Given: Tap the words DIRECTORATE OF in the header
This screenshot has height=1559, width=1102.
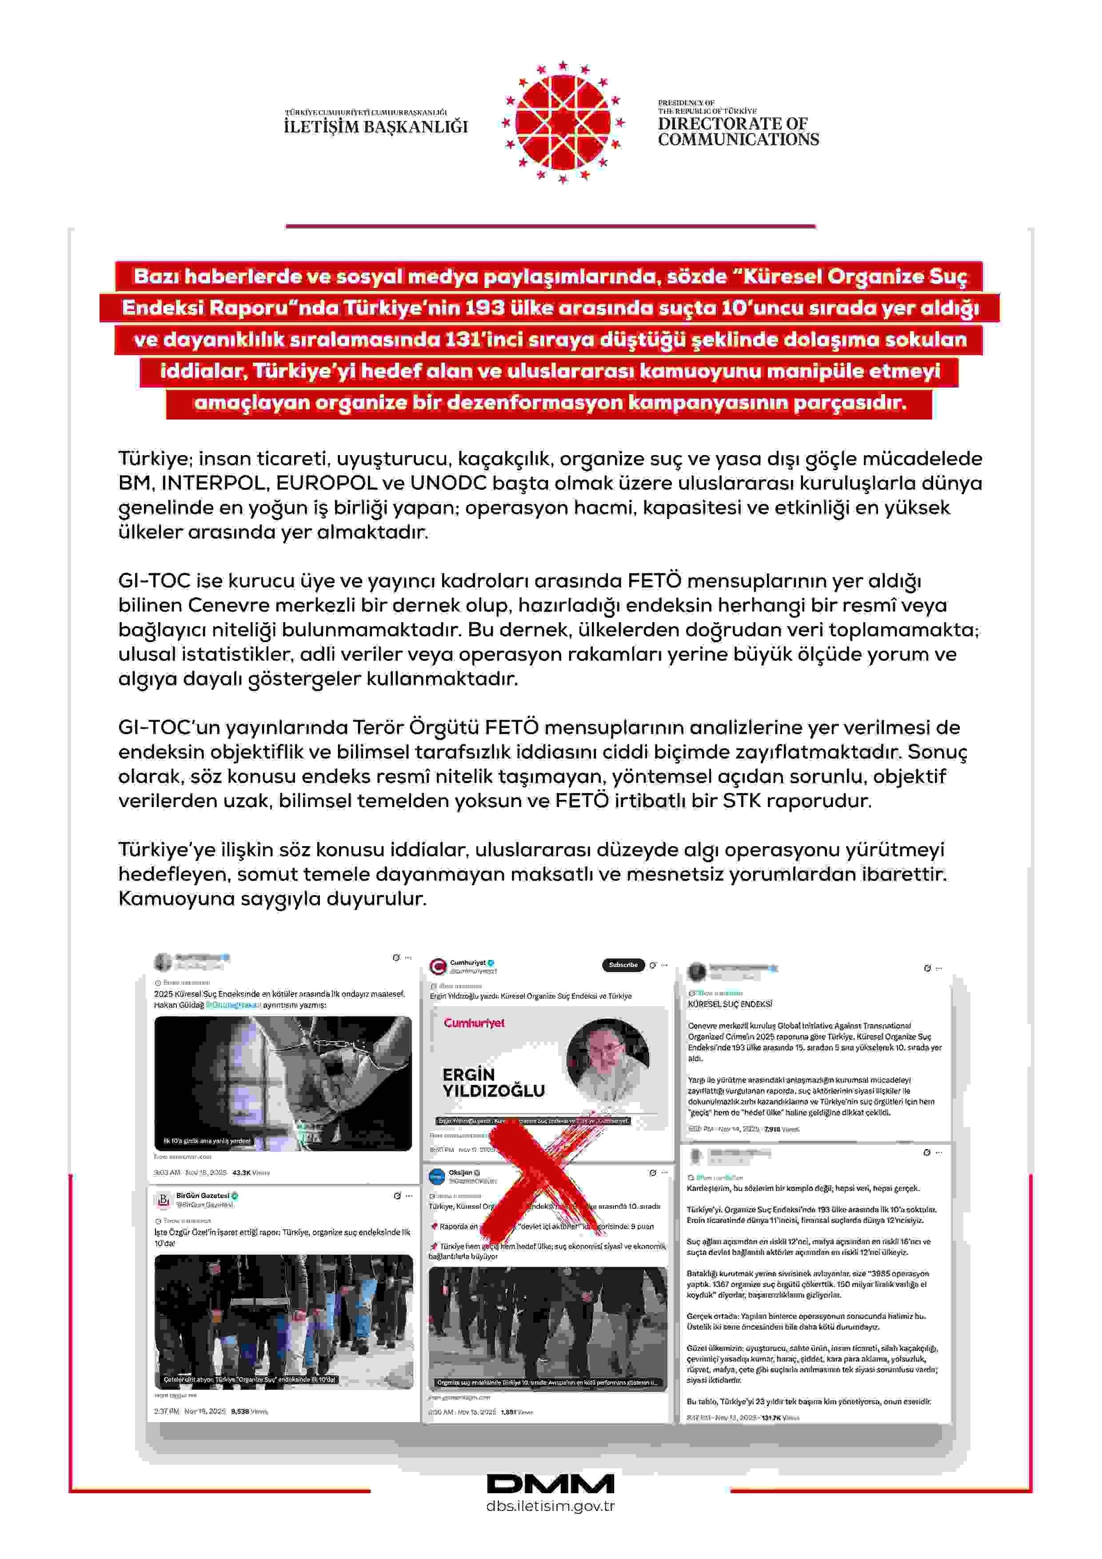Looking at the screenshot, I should click(x=732, y=124).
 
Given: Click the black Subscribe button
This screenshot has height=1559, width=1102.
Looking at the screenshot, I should click(x=623, y=965).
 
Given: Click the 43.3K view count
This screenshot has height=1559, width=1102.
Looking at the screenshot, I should click(x=241, y=1173).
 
